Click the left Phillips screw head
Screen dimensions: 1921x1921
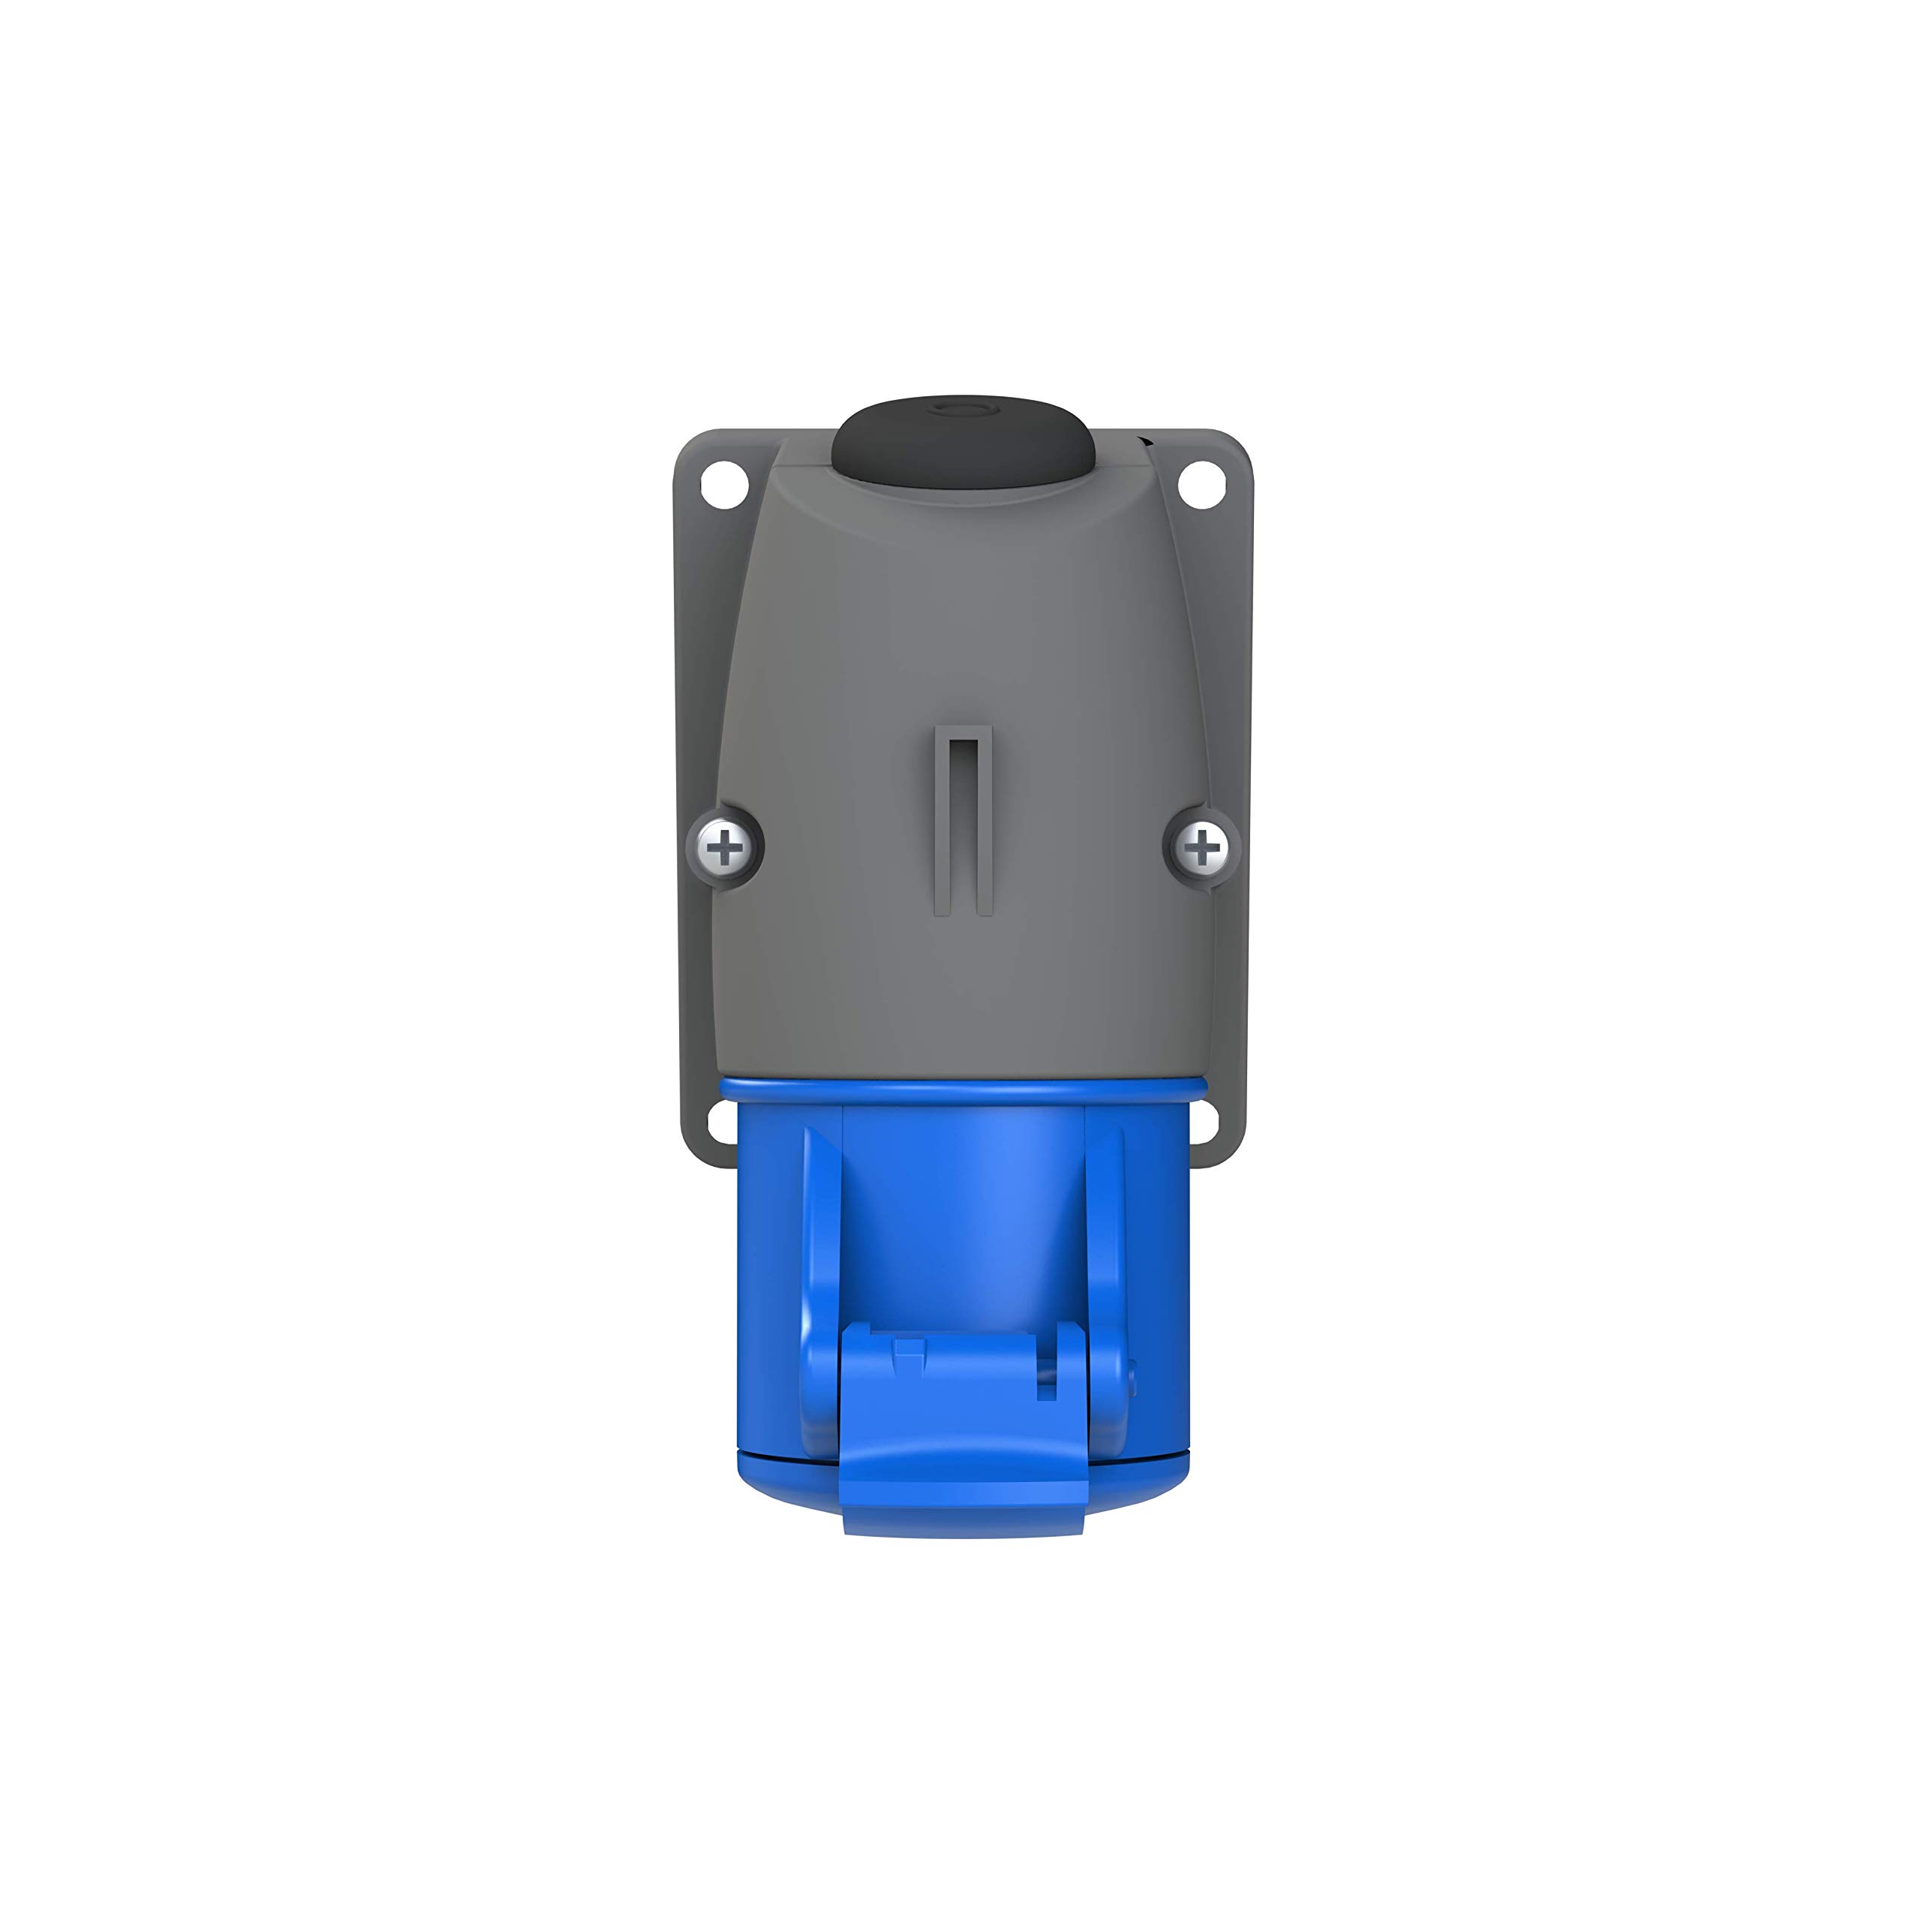click(726, 848)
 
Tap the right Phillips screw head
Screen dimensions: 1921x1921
click(1202, 848)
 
